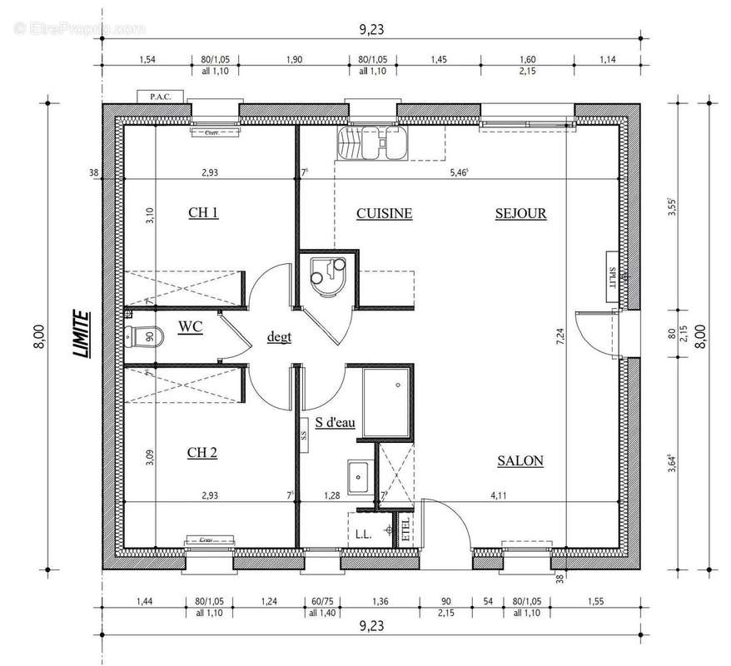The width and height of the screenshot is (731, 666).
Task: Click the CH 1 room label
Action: tap(203, 213)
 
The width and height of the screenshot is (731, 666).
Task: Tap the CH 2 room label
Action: tap(202, 453)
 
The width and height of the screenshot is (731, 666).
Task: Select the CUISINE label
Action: tap(384, 213)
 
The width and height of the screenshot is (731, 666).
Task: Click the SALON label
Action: tap(520, 460)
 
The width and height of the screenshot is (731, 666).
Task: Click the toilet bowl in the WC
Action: tap(144, 337)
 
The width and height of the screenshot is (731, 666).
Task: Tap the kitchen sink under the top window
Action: tap(372, 143)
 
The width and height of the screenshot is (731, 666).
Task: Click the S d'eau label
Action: tap(335, 423)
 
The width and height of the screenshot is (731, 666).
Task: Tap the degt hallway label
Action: tap(279, 337)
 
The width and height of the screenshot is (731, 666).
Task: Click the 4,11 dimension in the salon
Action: tap(498, 496)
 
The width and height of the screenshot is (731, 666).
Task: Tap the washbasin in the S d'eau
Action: tap(360, 475)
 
